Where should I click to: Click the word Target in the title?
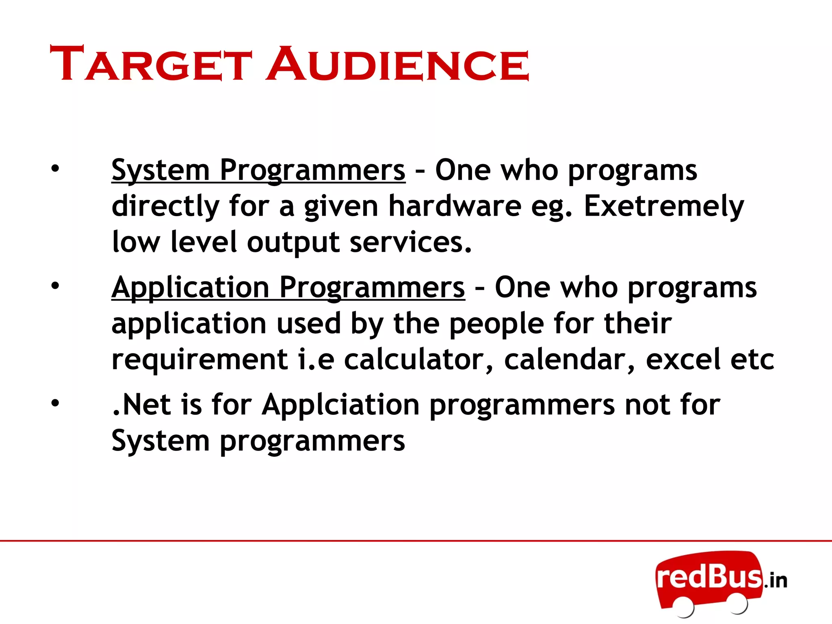coord(151,64)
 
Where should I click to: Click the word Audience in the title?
coord(398,64)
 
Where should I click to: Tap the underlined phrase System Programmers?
coord(258,170)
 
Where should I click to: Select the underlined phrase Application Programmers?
coord(288,287)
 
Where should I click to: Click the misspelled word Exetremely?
coord(664,206)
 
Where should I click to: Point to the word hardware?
coord(455,206)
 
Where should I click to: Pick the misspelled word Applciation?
coord(340,405)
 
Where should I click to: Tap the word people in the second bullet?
coord(496,323)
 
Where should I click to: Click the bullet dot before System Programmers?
coord(55,169)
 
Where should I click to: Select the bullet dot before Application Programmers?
coord(55,286)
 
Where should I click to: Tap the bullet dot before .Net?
coord(55,403)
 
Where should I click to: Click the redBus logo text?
coord(709,577)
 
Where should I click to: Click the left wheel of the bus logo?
coord(683,607)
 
